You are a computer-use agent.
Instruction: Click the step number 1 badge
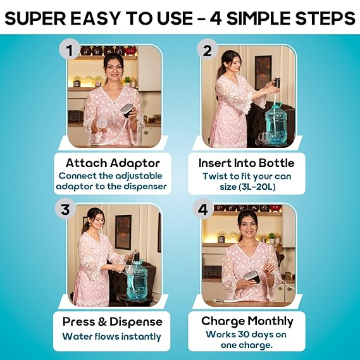[70, 50]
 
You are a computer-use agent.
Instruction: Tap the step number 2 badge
[208, 50]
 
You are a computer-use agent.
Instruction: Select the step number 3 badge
[66, 209]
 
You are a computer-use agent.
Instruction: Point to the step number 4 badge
[203, 209]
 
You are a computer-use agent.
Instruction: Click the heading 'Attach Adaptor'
[113, 163]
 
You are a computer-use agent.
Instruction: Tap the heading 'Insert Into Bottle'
[247, 163]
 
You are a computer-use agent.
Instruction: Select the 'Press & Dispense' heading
[112, 321]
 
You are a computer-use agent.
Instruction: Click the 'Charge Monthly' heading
[247, 321]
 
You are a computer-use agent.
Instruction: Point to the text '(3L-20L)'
[257, 187]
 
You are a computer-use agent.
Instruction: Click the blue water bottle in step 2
[276, 125]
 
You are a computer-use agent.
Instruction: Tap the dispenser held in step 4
[252, 277]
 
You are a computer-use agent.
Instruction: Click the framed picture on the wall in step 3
[123, 232]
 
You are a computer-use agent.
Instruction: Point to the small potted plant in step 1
[127, 82]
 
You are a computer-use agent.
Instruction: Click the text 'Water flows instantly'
[111, 337]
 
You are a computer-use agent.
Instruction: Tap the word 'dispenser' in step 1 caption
[145, 186]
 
